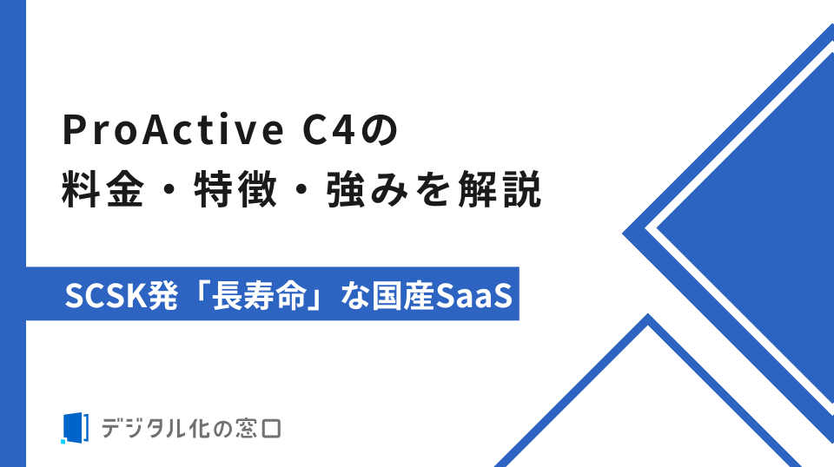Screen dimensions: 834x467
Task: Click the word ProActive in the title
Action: (x=174, y=129)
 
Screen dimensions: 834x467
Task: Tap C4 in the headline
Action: (x=328, y=129)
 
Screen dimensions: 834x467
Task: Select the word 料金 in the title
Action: (x=103, y=188)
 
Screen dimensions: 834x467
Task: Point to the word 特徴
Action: (x=235, y=188)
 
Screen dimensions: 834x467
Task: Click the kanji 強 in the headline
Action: (x=347, y=188)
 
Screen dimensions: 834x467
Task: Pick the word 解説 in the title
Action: (x=500, y=188)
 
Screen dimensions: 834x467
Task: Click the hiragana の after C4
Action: (x=380, y=129)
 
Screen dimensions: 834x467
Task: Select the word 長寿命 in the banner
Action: (x=260, y=295)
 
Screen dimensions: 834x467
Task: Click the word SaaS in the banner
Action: (x=473, y=295)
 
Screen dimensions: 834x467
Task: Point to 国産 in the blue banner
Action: (x=403, y=295)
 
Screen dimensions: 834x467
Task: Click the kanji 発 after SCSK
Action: (x=162, y=295)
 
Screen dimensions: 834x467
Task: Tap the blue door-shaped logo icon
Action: (x=75, y=428)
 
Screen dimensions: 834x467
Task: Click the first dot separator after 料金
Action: (x=169, y=189)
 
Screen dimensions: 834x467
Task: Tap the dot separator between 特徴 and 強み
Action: (x=301, y=189)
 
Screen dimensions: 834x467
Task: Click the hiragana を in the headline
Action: (x=434, y=189)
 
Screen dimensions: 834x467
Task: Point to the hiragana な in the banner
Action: (x=355, y=295)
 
